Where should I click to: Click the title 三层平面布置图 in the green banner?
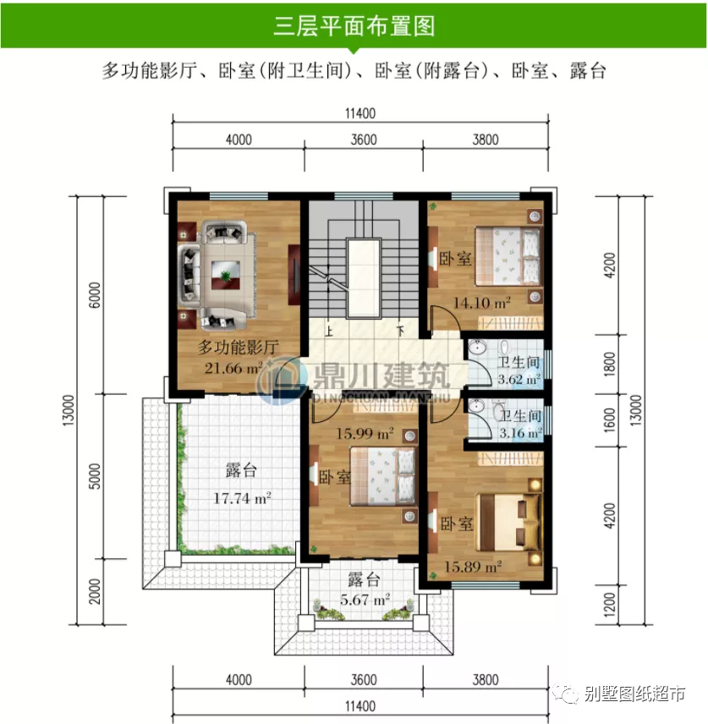pyautogui.click(x=354, y=25)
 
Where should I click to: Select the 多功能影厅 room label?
pyautogui.click(x=238, y=347)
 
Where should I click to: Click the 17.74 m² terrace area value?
pyautogui.click(x=241, y=498)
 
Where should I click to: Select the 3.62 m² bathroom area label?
pyautogui.click(x=519, y=380)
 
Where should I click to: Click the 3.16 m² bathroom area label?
pyautogui.click(x=519, y=433)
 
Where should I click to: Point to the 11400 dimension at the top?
pyautogui.click(x=359, y=114)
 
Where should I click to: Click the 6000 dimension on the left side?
pyautogui.click(x=95, y=297)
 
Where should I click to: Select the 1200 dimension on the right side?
pyautogui.click(x=621, y=608)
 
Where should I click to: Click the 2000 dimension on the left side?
pyautogui.click(x=95, y=591)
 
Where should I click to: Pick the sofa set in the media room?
pyautogui.click(x=213, y=272)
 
